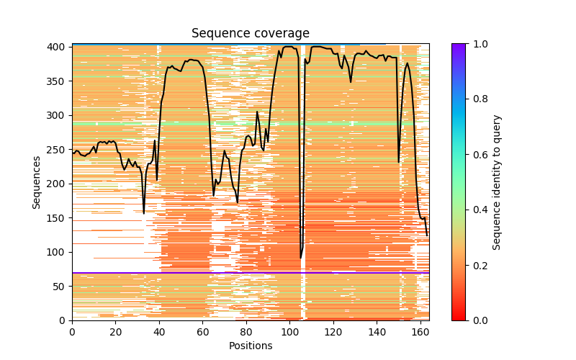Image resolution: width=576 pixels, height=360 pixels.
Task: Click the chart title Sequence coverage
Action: point(250,33)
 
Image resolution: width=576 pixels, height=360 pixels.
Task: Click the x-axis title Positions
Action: point(250,346)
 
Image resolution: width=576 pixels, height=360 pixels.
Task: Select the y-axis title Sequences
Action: point(36,181)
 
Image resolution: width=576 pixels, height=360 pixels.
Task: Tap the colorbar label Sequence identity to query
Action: point(496,181)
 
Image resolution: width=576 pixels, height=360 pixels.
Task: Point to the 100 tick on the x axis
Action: point(289,320)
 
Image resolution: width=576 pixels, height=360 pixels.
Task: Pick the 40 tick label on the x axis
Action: point(159,332)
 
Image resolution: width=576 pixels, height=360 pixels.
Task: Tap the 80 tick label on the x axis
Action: point(246,332)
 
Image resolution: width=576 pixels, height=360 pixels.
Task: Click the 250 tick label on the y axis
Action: point(58,149)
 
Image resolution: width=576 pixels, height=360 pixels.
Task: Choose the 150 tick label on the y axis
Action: point(58,217)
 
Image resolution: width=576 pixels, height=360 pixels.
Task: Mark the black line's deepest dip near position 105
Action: point(301,258)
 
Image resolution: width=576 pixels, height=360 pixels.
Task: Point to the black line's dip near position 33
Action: point(144,213)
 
